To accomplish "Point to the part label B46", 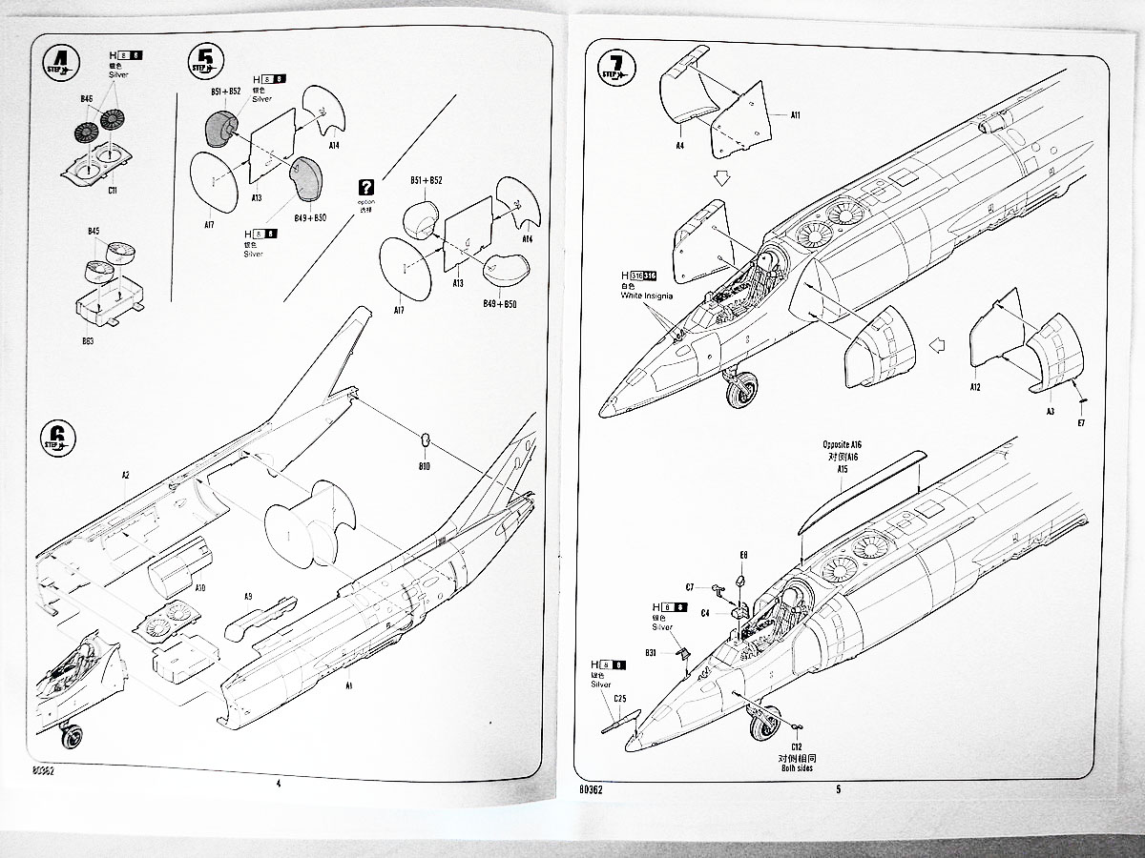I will tap(87, 98).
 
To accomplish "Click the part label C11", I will tap(112, 191).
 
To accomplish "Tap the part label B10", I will tap(424, 467).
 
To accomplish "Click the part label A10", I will tap(199, 588).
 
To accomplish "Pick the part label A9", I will tap(248, 597).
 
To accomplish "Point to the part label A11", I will tap(795, 114).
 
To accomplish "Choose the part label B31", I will tap(650, 652).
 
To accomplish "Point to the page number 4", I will tap(278, 784).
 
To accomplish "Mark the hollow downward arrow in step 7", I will tap(721, 175).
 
